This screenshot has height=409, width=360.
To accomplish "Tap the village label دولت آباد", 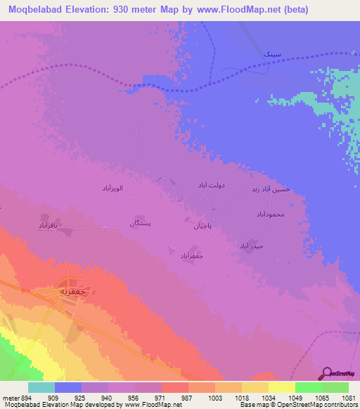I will pyautogui.click(x=210, y=185).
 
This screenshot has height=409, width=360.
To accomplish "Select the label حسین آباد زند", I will pyautogui.click(x=270, y=190).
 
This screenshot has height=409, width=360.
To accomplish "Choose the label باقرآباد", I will pyautogui.click(x=51, y=226).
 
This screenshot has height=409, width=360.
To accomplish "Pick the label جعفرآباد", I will pyautogui.click(x=191, y=255).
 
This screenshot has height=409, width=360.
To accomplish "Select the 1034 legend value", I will pyautogui.click(x=269, y=397).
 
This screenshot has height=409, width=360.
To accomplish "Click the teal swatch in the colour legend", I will pyautogui.click(x=41, y=387).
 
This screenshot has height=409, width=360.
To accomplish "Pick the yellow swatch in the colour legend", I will pyautogui.click(x=282, y=387).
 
